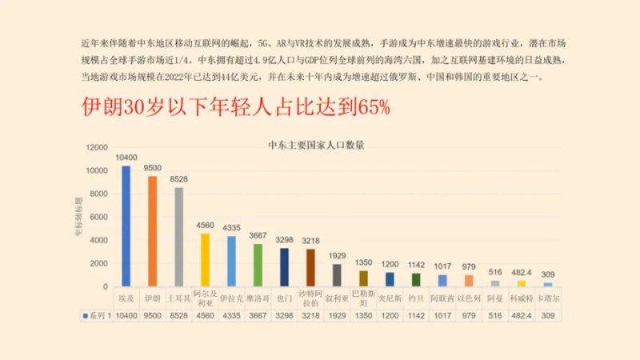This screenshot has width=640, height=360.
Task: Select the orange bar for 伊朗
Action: tap(152, 231)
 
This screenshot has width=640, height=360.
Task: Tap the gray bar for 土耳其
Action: tap(178, 237)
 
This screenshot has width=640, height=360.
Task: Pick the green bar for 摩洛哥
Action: tap(258, 265)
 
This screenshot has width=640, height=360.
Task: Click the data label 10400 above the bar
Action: tap(126, 158)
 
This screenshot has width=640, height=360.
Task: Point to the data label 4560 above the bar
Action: tap(205, 226)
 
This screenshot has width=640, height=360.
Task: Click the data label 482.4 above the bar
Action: tap(522, 272)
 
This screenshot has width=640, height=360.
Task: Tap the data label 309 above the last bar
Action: tap(548, 274)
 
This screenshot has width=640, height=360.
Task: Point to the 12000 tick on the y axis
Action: tap(95, 148)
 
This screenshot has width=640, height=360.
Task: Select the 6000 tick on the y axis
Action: tap(98, 218)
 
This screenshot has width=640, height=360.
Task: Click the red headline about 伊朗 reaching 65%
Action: tap(236, 107)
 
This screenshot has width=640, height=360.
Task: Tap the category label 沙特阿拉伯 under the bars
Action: tap(310, 299)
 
